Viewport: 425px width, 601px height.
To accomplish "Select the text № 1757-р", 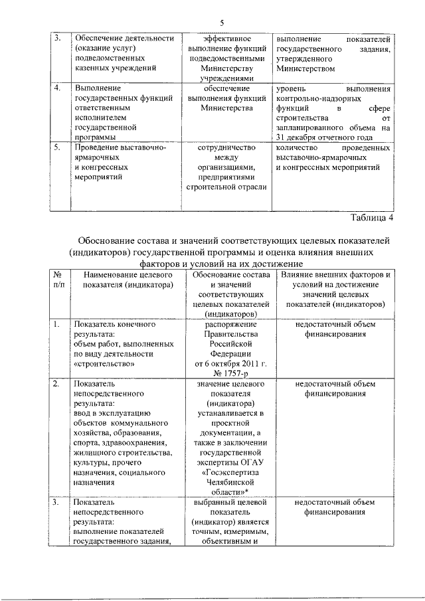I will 227,373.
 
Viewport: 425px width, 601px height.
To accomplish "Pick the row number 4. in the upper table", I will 58,88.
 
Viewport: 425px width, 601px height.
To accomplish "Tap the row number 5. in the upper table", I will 58,148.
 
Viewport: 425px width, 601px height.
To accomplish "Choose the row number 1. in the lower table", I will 58,324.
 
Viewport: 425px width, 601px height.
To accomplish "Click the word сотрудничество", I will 227,148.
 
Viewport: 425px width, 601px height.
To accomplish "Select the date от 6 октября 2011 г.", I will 227,364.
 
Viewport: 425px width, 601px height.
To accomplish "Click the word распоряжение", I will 227,324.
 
